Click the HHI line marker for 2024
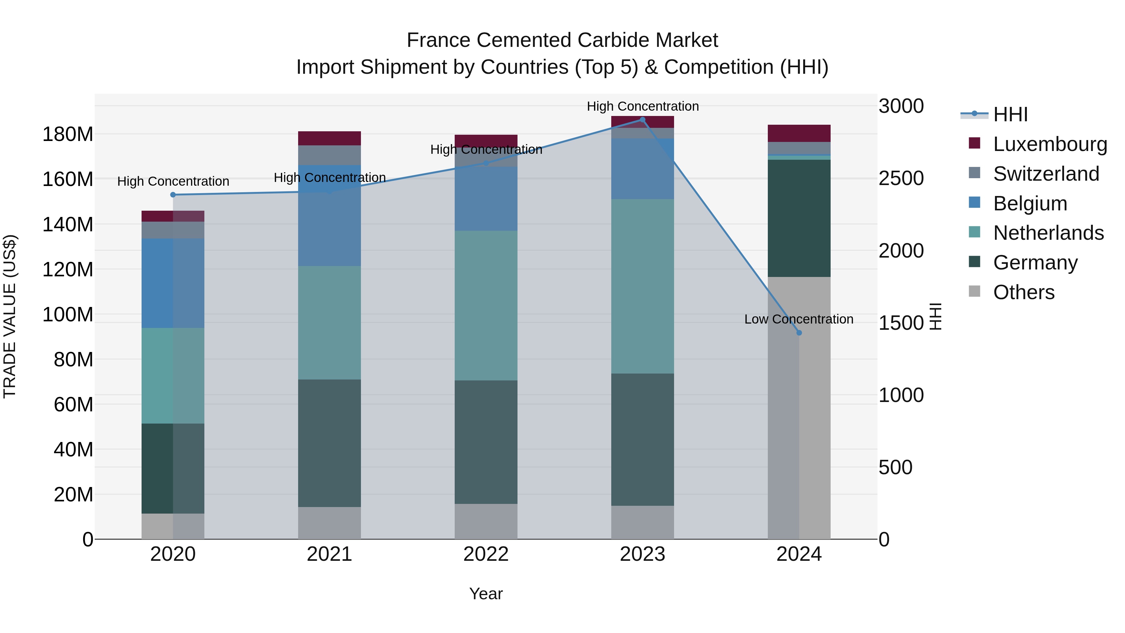pyautogui.click(x=799, y=333)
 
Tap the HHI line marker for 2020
pyautogui.click(x=173, y=195)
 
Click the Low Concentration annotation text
pyautogui.click(x=798, y=319)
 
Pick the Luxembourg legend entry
pyautogui.click(x=1049, y=144)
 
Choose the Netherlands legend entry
pyautogui.click(x=1048, y=233)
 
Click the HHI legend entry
pyautogui.click(x=1010, y=114)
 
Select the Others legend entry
pyautogui.click(x=1023, y=292)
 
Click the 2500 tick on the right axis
pyautogui.click(x=901, y=178)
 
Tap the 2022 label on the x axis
pyautogui.click(x=486, y=554)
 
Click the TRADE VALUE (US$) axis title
pyautogui.click(x=10, y=316)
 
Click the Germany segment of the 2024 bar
pyautogui.click(x=799, y=219)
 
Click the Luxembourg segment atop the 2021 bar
pyautogui.click(x=329, y=138)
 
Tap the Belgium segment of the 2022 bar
pyautogui.click(x=486, y=199)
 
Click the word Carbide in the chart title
pyautogui.click(x=614, y=40)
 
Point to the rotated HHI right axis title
pyautogui.click(x=935, y=316)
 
